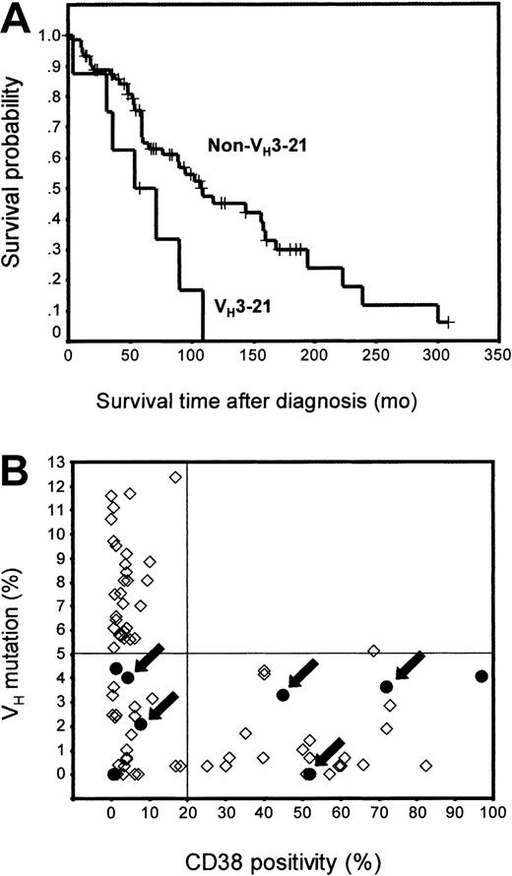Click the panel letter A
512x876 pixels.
click(x=20, y=19)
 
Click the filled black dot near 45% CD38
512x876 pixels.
click(x=283, y=695)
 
